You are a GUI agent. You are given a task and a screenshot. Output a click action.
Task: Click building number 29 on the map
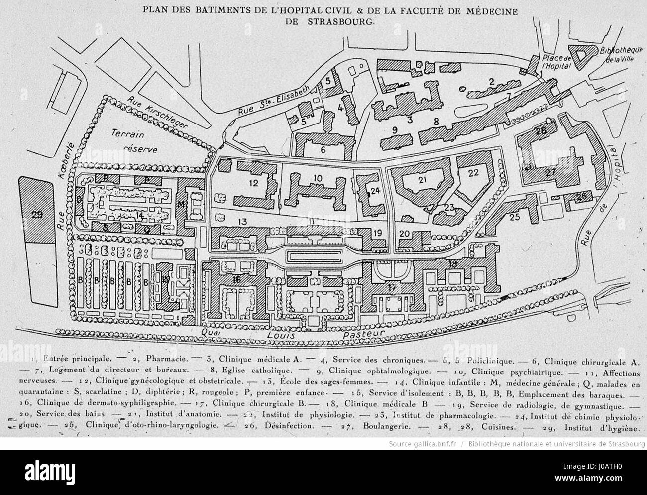pos(36,215)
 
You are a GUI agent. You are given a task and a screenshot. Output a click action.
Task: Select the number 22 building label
pos(473,173)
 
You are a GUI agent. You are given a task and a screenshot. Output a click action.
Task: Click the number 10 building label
pos(318,178)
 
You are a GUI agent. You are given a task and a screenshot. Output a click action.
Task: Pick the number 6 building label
pos(323,150)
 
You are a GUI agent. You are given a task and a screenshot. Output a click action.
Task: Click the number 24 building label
pos(375,190)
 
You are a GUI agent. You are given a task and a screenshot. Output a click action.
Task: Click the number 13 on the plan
pos(242,221)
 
